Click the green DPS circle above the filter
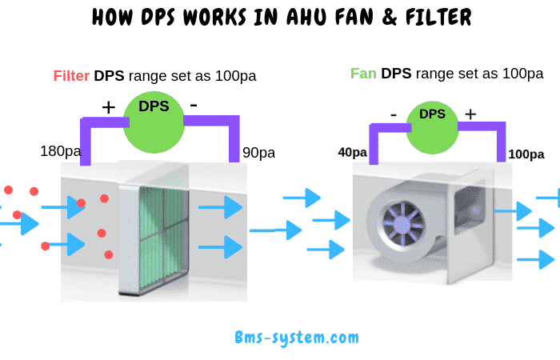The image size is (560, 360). click(153, 120)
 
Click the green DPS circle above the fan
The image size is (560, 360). click(432, 126)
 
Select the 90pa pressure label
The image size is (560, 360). click(258, 152)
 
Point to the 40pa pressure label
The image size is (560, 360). click(352, 152)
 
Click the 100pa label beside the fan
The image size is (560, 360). click(525, 153)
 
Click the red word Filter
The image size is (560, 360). click(71, 76)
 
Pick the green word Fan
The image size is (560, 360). click(364, 74)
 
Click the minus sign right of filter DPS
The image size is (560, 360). click(194, 105)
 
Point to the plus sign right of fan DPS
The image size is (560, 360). click(470, 114)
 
